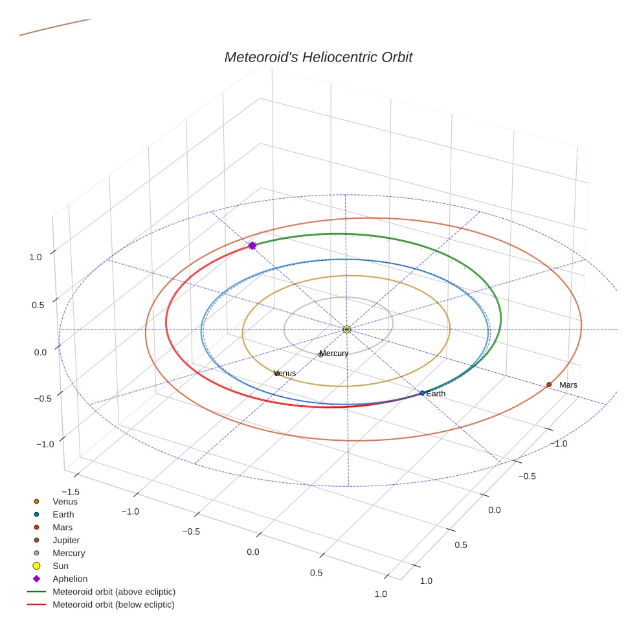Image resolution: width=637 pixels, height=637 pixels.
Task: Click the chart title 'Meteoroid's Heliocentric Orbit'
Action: pos(318,58)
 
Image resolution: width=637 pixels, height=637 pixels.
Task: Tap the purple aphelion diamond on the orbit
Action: pos(252,245)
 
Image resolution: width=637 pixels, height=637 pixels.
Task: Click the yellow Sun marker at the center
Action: pos(347,330)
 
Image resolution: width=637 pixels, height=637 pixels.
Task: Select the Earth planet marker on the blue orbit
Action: pos(422,393)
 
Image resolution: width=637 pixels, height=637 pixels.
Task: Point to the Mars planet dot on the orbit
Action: pos(549,385)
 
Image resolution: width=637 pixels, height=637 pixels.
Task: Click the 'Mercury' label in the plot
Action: pos(334,353)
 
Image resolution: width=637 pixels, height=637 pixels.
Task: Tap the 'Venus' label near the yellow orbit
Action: pos(285,374)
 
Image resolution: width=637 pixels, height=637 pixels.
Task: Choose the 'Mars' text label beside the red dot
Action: pos(568,385)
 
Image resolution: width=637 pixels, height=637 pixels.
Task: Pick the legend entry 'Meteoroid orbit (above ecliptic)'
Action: pos(114,592)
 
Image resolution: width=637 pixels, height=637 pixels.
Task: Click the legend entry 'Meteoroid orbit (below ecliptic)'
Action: pos(113,605)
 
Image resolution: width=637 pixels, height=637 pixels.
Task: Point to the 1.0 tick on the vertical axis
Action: pos(36,257)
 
